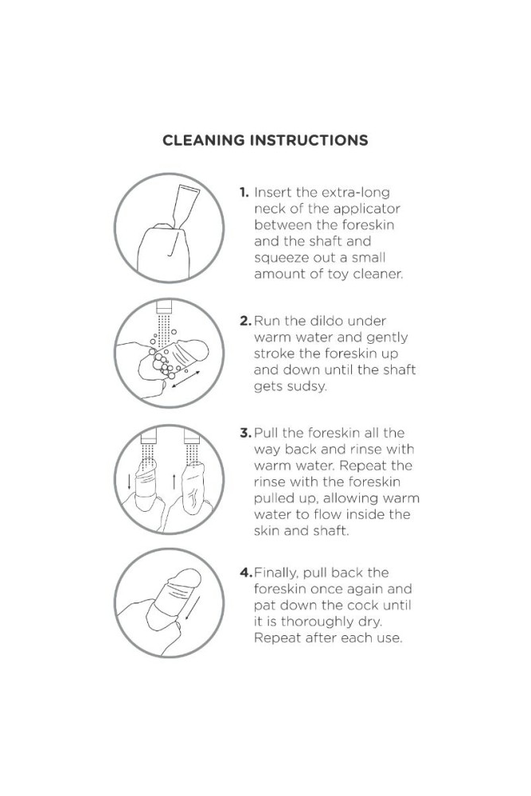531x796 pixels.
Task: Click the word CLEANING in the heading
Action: [x=203, y=141]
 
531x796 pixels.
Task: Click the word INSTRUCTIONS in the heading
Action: [x=309, y=141]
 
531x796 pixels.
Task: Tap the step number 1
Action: [x=244, y=193]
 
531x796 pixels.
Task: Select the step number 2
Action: [x=246, y=321]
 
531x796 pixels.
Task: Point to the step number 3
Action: [x=246, y=433]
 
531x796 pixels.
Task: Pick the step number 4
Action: [x=246, y=572]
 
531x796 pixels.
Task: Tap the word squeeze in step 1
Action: [x=279, y=259]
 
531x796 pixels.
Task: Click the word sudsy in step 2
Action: [x=306, y=387]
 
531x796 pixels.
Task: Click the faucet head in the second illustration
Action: [x=165, y=307]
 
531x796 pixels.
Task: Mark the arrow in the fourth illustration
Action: [x=191, y=607]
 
